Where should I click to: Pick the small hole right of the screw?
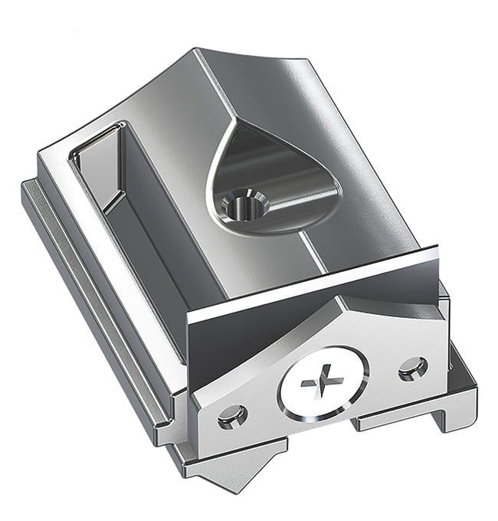click(413, 369)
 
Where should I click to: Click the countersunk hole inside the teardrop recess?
click(244, 204)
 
